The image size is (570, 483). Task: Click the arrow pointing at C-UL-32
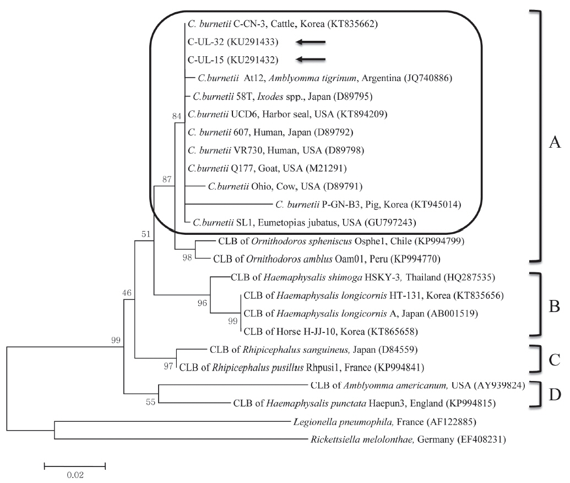point(311,42)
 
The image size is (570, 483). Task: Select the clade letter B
point(555,307)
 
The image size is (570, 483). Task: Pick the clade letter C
point(555,359)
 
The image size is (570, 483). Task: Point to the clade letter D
point(555,394)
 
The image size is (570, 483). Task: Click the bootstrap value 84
point(176,116)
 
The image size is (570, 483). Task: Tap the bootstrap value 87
point(167,179)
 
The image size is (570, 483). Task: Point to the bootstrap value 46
point(127,293)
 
